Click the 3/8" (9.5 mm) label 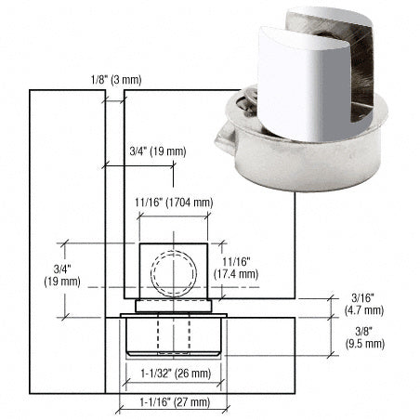(359, 336)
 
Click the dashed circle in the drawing (175, 271)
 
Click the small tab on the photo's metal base (225, 142)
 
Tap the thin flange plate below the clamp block (175, 305)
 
